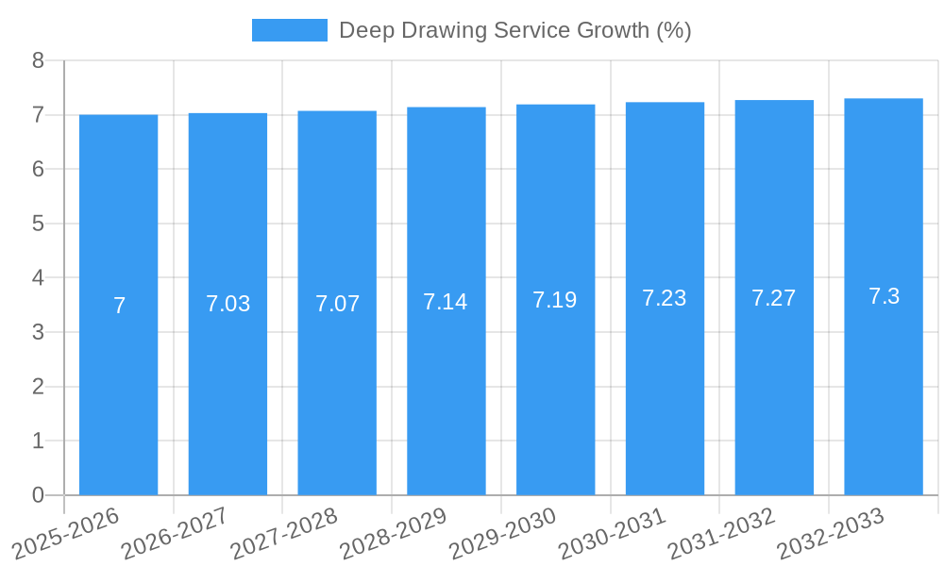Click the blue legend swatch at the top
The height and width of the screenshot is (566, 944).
pyautogui.click(x=289, y=30)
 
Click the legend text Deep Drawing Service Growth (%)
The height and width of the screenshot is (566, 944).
pyautogui.click(x=514, y=30)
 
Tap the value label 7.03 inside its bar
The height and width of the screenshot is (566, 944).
pyautogui.click(x=228, y=304)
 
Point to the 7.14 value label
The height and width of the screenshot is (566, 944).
pyautogui.click(x=446, y=302)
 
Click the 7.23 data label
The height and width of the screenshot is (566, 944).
pyautogui.click(x=664, y=298)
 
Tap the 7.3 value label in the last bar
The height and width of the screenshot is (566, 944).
pyautogui.click(x=884, y=296)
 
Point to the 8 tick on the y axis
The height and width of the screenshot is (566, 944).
pyautogui.click(x=38, y=60)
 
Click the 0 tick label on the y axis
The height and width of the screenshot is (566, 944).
pyautogui.click(x=38, y=495)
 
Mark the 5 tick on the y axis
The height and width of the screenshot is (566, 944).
pyautogui.click(x=38, y=224)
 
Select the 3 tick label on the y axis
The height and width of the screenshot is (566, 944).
pyautogui.click(x=38, y=332)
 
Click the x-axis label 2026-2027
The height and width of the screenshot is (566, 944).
pyautogui.click(x=175, y=533)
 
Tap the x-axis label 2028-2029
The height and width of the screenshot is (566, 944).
pyautogui.click(x=393, y=533)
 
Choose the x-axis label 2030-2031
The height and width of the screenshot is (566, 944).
pyautogui.click(x=612, y=533)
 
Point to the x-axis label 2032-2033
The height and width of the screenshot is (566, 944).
pyautogui.click(x=830, y=533)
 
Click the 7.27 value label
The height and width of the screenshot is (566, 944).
pyautogui.click(x=773, y=298)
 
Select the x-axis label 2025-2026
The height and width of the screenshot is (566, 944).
pyautogui.click(x=65, y=533)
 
